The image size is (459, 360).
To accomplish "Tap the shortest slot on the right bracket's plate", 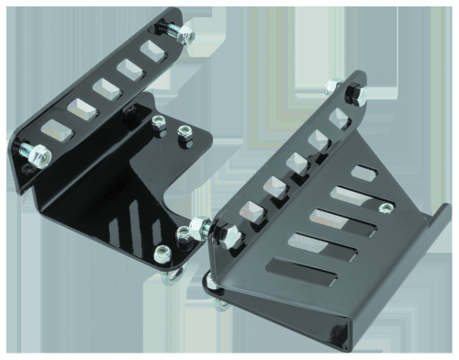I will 364,172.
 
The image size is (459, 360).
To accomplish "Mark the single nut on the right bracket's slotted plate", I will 331,85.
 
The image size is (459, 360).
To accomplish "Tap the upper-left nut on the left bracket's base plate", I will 158,122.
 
